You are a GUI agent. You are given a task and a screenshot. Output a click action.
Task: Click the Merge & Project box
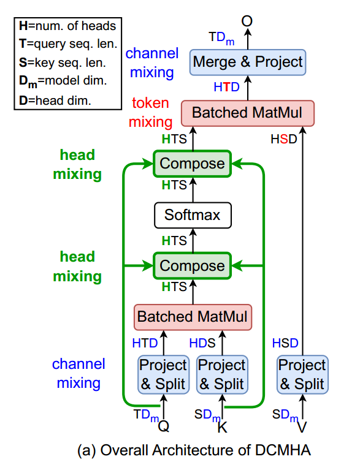click(248, 61)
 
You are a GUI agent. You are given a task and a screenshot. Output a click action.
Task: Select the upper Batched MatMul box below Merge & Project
click(248, 113)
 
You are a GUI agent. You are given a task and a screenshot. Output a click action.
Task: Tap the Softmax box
click(192, 215)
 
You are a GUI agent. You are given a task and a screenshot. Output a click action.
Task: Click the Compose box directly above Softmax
click(192, 164)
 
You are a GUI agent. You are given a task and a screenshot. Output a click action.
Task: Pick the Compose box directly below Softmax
click(192, 265)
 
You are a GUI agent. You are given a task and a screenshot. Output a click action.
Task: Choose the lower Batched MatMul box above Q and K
click(192, 317)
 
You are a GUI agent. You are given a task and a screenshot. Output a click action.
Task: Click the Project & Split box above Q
click(163, 374)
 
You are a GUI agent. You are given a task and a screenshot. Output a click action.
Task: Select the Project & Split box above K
click(221, 374)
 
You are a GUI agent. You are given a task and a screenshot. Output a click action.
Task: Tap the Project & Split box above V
click(301, 374)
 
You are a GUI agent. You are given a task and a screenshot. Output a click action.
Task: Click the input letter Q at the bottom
click(163, 425)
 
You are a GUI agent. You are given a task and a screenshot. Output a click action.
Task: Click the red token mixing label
click(151, 113)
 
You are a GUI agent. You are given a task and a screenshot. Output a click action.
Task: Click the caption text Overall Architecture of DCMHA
click(194, 451)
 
